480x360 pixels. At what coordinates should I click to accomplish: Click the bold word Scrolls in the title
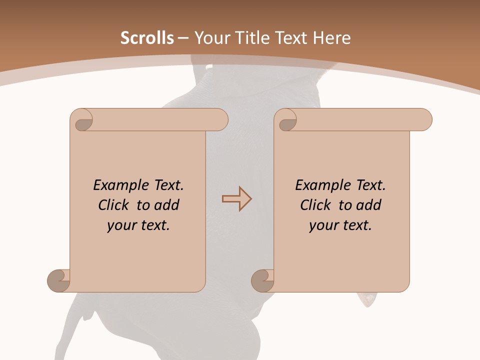click(147, 38)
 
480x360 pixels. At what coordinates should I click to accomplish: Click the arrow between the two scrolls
click(236, 199)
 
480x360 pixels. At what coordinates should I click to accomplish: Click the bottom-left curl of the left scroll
click(59, 280)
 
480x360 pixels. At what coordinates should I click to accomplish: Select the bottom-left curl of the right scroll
click(262, 280)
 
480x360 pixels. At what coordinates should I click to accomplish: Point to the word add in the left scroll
click(167, 205)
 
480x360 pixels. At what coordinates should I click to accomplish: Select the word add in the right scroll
click(369, 205)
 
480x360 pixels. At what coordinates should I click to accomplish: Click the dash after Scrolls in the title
click(183, 38)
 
